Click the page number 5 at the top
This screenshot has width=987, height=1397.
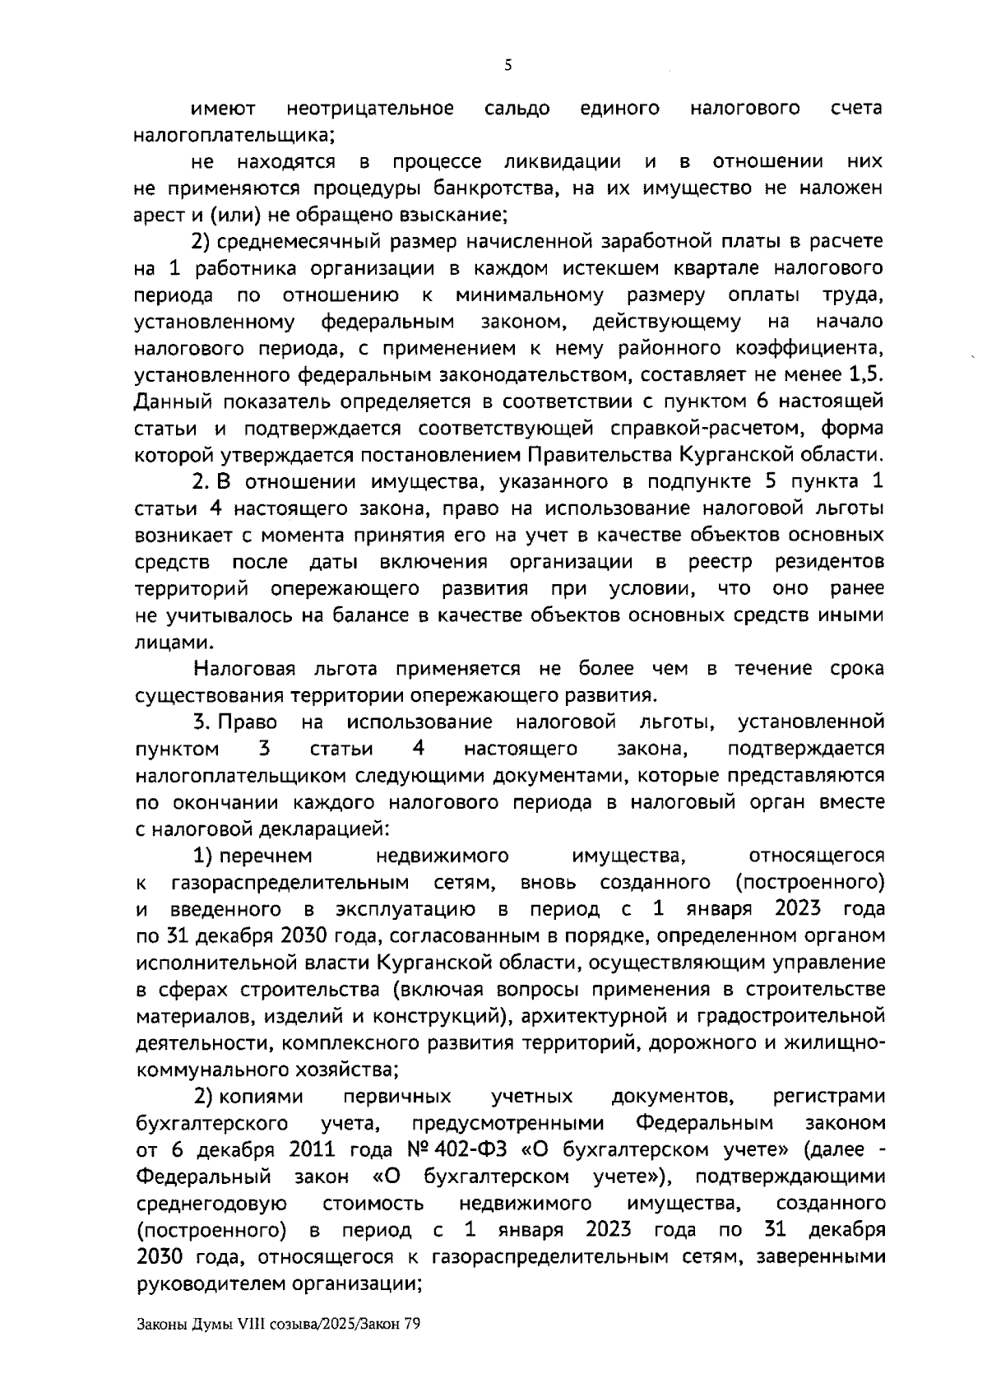click(507, 65)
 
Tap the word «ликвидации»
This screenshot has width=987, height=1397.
click(562, 161)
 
